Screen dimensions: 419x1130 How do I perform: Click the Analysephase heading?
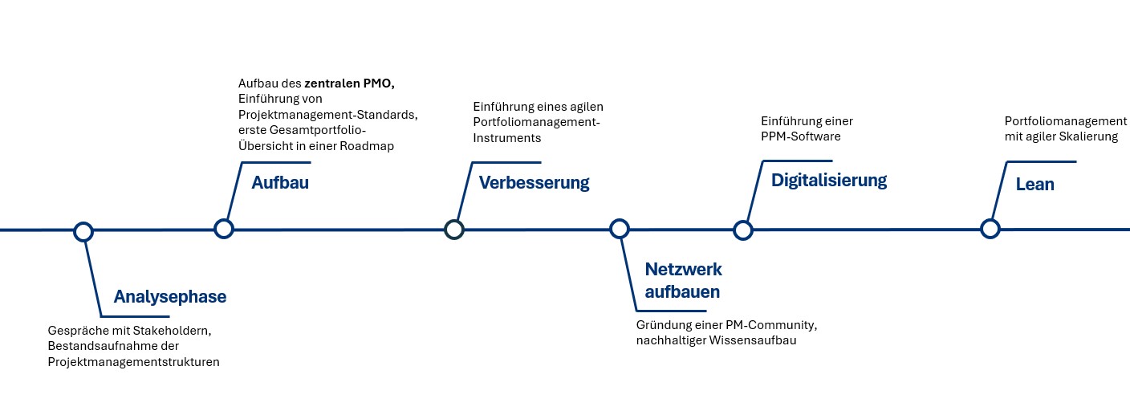coord(170,297)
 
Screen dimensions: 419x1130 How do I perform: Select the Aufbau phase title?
coord(280,183)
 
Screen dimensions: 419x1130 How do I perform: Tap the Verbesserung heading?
coord(534,183)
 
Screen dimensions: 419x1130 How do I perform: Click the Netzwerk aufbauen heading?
coord(683,280)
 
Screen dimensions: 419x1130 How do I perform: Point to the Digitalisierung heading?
coord(829,181)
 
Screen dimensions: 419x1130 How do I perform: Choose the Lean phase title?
coord(1034,185)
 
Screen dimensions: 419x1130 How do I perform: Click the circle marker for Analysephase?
coord(83,232)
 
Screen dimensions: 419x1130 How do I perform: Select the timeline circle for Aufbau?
coord(224,229)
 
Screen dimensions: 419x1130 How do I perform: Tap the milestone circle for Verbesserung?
coord(454,230)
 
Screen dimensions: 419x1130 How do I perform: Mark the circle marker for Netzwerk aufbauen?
coord(619,229)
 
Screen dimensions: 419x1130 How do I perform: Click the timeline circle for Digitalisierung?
coord(743,230)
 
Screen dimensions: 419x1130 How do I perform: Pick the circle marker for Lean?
coord(990,229)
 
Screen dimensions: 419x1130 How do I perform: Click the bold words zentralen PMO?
coord(349,83)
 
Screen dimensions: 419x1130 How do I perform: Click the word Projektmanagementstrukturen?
coord(133,362)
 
